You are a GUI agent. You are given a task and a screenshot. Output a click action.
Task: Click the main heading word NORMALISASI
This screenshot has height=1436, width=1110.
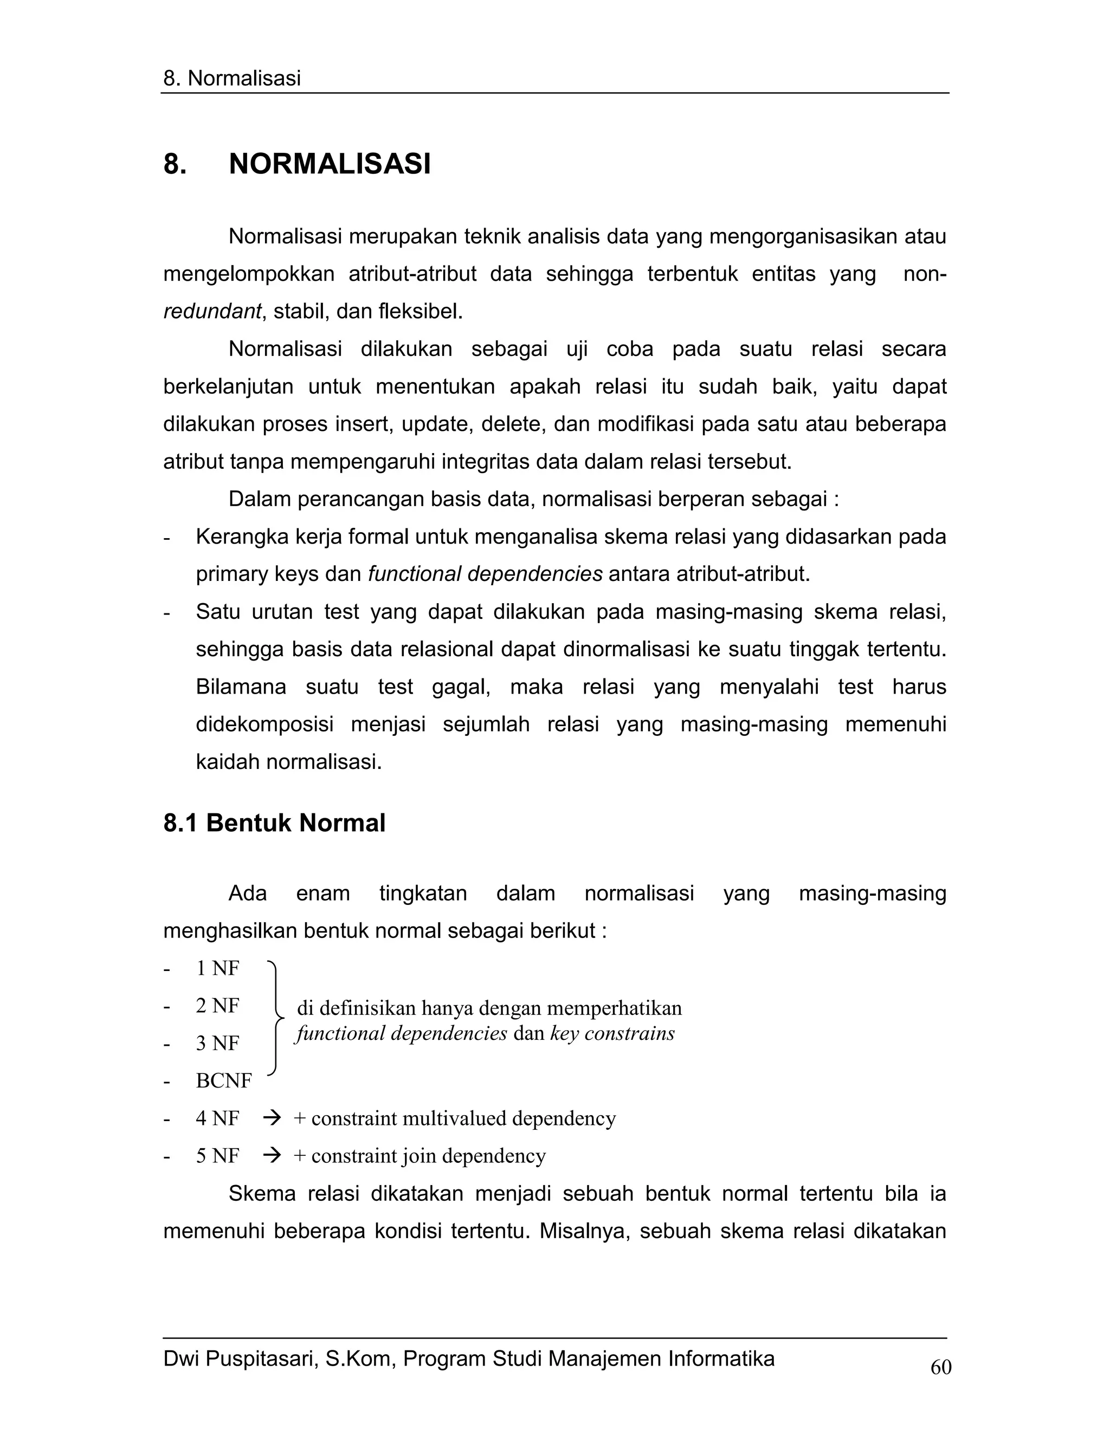330,164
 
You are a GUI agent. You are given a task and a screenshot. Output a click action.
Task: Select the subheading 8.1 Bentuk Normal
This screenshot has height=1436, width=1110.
274,823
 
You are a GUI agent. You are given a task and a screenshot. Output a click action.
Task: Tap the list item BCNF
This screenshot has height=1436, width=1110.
224,1081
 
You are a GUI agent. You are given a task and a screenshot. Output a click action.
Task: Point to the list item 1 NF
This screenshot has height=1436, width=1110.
218,968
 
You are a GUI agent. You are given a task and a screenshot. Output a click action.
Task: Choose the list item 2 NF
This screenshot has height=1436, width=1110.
218,1005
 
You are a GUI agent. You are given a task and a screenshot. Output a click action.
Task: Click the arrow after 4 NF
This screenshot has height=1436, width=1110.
272,1118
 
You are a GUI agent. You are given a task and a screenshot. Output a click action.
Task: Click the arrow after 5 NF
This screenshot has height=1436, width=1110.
272,1155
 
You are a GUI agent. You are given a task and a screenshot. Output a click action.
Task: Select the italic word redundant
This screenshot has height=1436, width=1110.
212,311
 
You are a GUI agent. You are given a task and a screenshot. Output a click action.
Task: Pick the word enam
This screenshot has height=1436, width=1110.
323,893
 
